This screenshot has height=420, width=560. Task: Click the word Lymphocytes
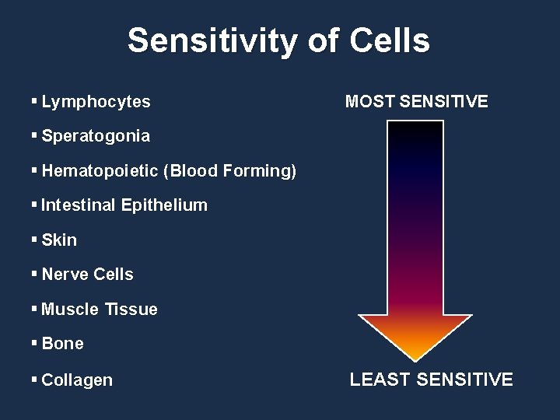(96, 102)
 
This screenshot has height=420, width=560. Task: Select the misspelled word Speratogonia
(96, 136)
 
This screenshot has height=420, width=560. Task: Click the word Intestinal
(79, 205)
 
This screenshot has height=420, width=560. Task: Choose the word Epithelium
(164, 205)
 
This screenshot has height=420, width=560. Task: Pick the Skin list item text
(59, 240)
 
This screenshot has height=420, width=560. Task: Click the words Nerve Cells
(87, 275)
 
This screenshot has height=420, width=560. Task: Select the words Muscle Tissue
(100, 310)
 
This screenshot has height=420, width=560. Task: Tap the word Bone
(62, 344)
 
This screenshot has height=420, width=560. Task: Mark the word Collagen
(77, 380)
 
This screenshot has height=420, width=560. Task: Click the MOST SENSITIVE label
(416, 102)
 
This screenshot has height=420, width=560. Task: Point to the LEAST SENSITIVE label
(431, 380)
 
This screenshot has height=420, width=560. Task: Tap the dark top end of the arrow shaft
(415, 132)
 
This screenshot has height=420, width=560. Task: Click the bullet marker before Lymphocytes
(34, 102)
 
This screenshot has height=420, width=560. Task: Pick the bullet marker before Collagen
(34, 380)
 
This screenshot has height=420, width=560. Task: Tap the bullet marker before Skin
(34, 240)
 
